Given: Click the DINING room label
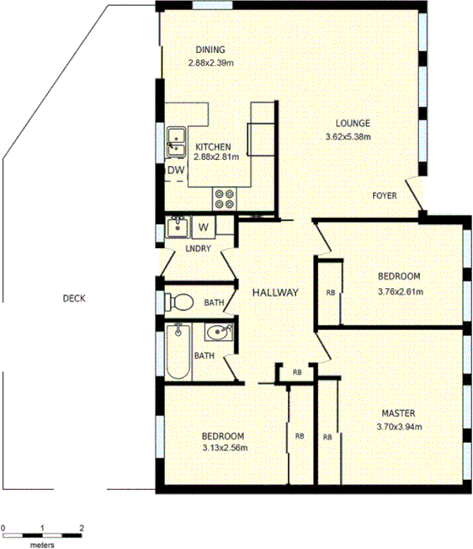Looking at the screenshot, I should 210,49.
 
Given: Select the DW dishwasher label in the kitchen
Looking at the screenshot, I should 175,170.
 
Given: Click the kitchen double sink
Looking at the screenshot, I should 177,141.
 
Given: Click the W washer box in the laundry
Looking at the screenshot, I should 204,227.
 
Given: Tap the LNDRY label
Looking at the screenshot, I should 198,249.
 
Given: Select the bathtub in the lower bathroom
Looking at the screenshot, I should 177,351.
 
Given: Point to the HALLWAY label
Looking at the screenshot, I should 275,292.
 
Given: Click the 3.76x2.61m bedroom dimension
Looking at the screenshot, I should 399,292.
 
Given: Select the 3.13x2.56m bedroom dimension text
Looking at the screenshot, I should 224,447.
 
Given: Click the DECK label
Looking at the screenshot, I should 75,298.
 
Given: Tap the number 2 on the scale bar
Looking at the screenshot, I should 81,528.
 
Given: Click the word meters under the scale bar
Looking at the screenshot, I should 42,543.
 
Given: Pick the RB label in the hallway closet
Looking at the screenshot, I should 297,372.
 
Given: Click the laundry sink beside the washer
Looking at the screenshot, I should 179,227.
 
